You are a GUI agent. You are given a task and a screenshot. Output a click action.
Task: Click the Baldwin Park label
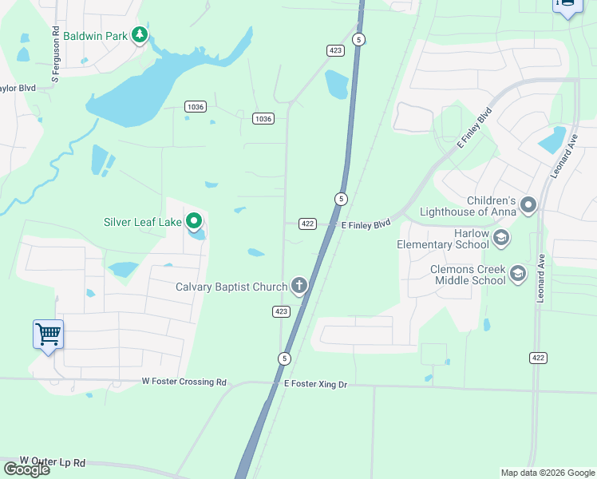coord(96,36)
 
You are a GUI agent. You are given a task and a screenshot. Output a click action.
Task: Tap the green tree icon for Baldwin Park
coord(140,35)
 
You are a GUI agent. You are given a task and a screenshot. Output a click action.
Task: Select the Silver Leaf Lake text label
coord(143,222)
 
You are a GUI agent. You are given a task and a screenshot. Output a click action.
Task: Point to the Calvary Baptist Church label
coord(231,286)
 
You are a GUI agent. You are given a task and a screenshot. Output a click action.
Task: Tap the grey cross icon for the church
coord(299,285)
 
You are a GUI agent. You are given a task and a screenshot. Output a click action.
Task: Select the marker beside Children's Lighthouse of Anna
coord(528,206)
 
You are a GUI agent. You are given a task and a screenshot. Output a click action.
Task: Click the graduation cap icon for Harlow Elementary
coord(500,237)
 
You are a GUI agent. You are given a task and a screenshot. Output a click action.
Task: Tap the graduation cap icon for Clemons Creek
coord(518,274)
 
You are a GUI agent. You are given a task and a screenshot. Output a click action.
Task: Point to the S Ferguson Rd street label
coord(56,56)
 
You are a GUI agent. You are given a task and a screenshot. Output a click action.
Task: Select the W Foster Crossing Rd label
coord(184,382)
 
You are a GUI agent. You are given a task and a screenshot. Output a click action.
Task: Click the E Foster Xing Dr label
coord(316,385)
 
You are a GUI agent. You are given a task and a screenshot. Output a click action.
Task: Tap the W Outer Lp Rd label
coord(53,461)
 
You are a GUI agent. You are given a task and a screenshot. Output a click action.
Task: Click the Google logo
coord(26,469)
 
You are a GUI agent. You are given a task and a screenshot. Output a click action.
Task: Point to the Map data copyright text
coord(548,473)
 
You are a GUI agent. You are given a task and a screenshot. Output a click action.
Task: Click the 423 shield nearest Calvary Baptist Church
coord(280,311)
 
